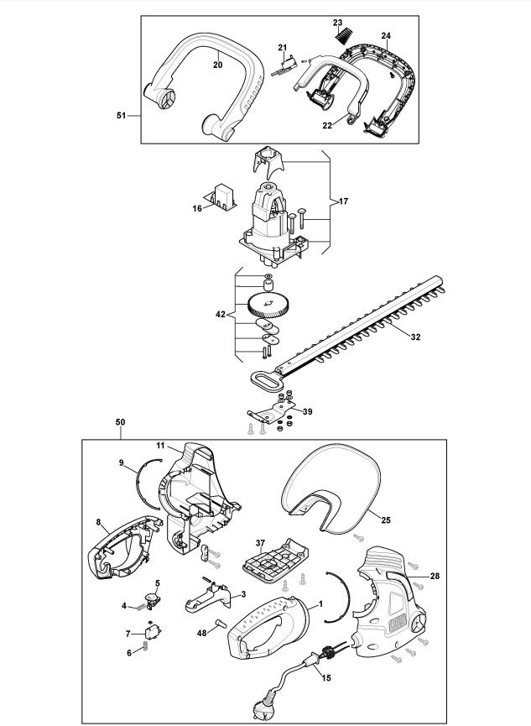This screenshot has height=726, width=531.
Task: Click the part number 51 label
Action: tap(121, 116)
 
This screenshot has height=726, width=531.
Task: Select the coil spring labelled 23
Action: tap(344, 35)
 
